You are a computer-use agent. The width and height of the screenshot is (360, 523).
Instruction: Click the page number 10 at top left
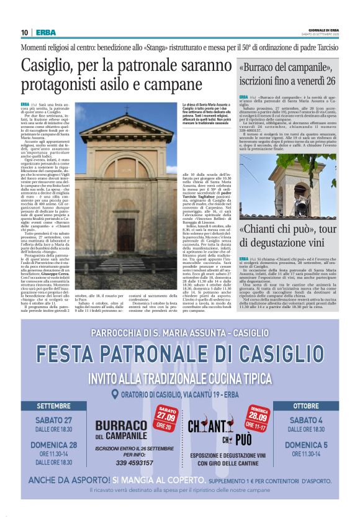tap(24, 32)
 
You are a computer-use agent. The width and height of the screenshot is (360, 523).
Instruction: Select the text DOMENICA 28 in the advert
tap(53, 445)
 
